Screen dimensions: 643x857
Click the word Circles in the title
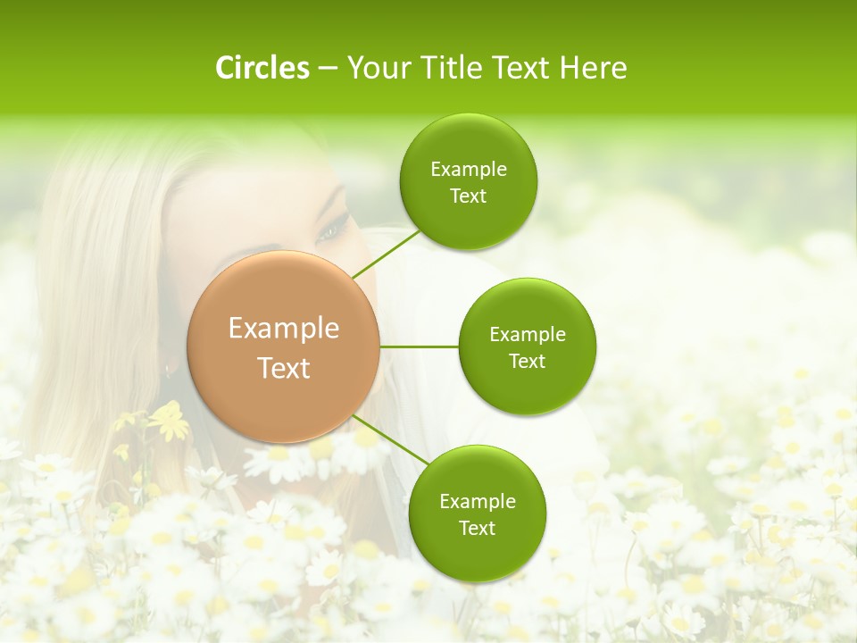tap(262, 68)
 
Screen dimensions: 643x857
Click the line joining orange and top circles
tap(385, 255)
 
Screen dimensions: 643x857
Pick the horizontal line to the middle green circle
tap(420, 347)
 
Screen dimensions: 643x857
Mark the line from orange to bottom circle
tap(390, 438)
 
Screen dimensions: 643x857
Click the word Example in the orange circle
tap(284, 329)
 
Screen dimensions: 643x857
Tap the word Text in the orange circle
tap(284, 368)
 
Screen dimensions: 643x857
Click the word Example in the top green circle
tap(468, 169)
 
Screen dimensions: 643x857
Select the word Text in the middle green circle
tap(527, 361)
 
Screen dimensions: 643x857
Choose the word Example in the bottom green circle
tap(477, 501)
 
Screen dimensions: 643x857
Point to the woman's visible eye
tap(329, 231)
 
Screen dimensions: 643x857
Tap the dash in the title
tap(327, 69)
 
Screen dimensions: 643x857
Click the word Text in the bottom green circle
tap(477, 528)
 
